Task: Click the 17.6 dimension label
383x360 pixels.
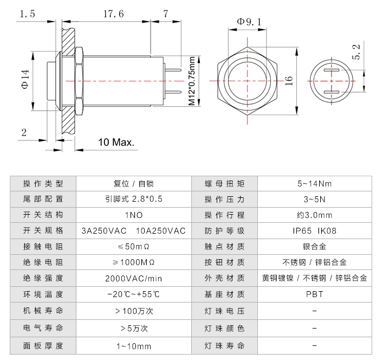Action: click(114, 15)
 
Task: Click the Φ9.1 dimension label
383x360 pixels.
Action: click(250, 22)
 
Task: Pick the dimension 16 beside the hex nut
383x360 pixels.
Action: click(289, 80)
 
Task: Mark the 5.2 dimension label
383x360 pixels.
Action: click(356, 52)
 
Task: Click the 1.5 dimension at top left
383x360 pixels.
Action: click(27, 15)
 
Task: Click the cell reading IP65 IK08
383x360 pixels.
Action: click(314, 230)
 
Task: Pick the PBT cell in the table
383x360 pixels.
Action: click(314, 294)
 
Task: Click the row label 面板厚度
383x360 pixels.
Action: click(43, 345)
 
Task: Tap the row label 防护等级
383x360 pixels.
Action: click(224, 230)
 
